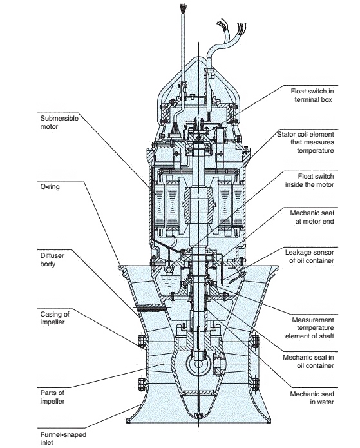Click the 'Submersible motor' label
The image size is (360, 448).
point(59,122)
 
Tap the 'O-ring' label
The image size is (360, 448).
point(50,187)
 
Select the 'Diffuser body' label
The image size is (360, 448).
point(52,259)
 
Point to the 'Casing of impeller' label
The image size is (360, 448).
point(55,318)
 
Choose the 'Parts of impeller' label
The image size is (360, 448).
point(52,397)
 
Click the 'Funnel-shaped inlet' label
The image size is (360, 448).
point(63,438)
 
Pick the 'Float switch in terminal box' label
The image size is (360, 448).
point(312,95)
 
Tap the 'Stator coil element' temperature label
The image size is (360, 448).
point(305,142)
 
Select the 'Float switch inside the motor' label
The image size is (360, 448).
point(310,180)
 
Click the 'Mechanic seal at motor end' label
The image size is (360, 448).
point(312,217)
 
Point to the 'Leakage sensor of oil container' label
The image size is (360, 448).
point(310,257)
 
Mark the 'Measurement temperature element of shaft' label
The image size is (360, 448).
point(310,327)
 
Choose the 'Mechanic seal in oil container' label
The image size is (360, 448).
point(308,362)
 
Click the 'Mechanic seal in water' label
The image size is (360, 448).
point(312,398)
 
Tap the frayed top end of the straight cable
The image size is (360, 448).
point(184,8)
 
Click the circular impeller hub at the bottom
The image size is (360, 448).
point(198,364)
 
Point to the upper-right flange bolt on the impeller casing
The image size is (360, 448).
point(255,341)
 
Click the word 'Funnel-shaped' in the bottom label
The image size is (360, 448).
point(63,435)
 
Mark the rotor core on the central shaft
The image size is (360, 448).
point(198,202)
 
